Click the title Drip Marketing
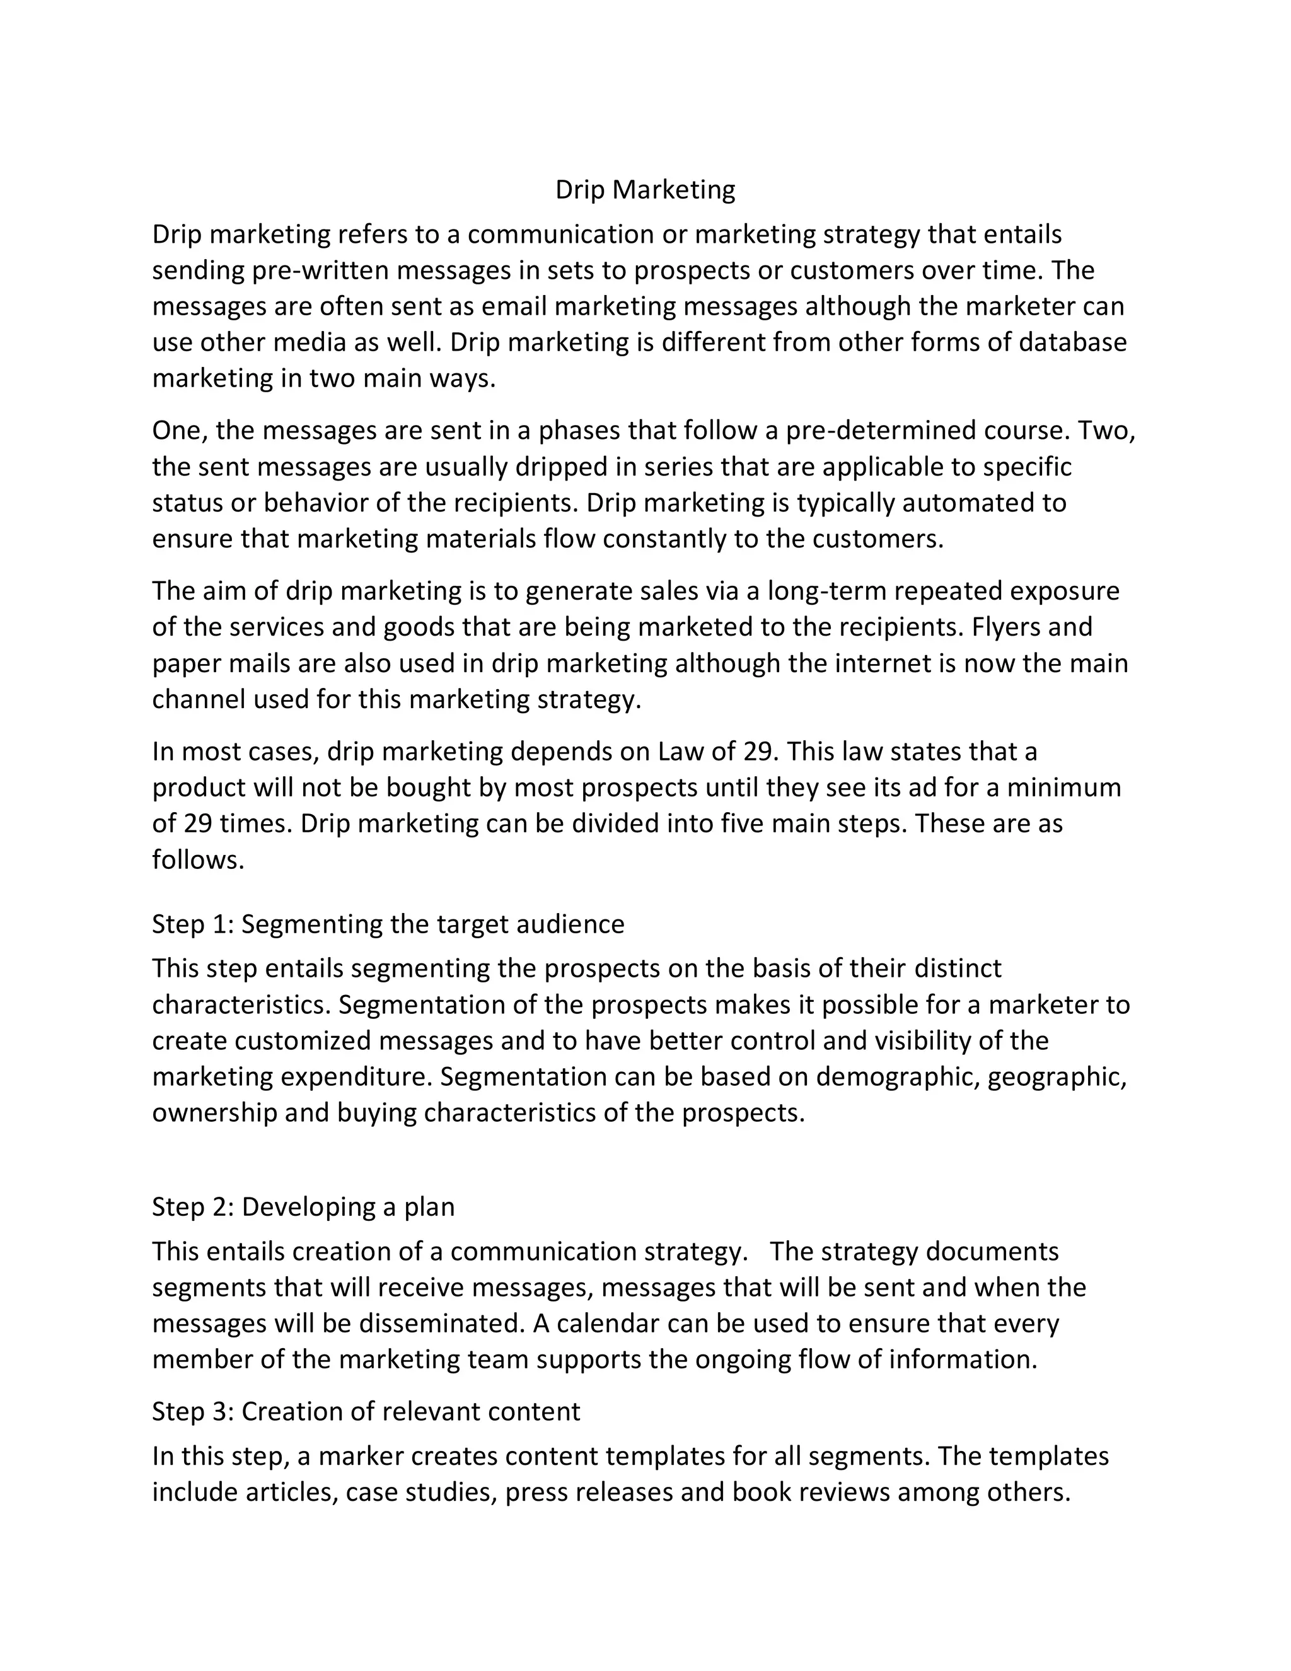tap(645, 190)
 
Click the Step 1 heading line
tap(388, 924)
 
